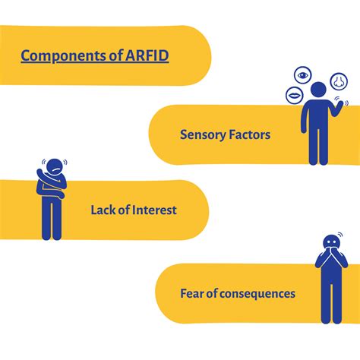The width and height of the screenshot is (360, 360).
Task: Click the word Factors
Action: click(x=249, y=134)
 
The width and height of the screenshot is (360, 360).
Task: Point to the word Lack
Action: click(x=104, y=210)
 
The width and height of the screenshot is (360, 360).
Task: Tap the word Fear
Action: click(x=194, y=292)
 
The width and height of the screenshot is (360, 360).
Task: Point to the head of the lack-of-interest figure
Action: click(x=53, y=166)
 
